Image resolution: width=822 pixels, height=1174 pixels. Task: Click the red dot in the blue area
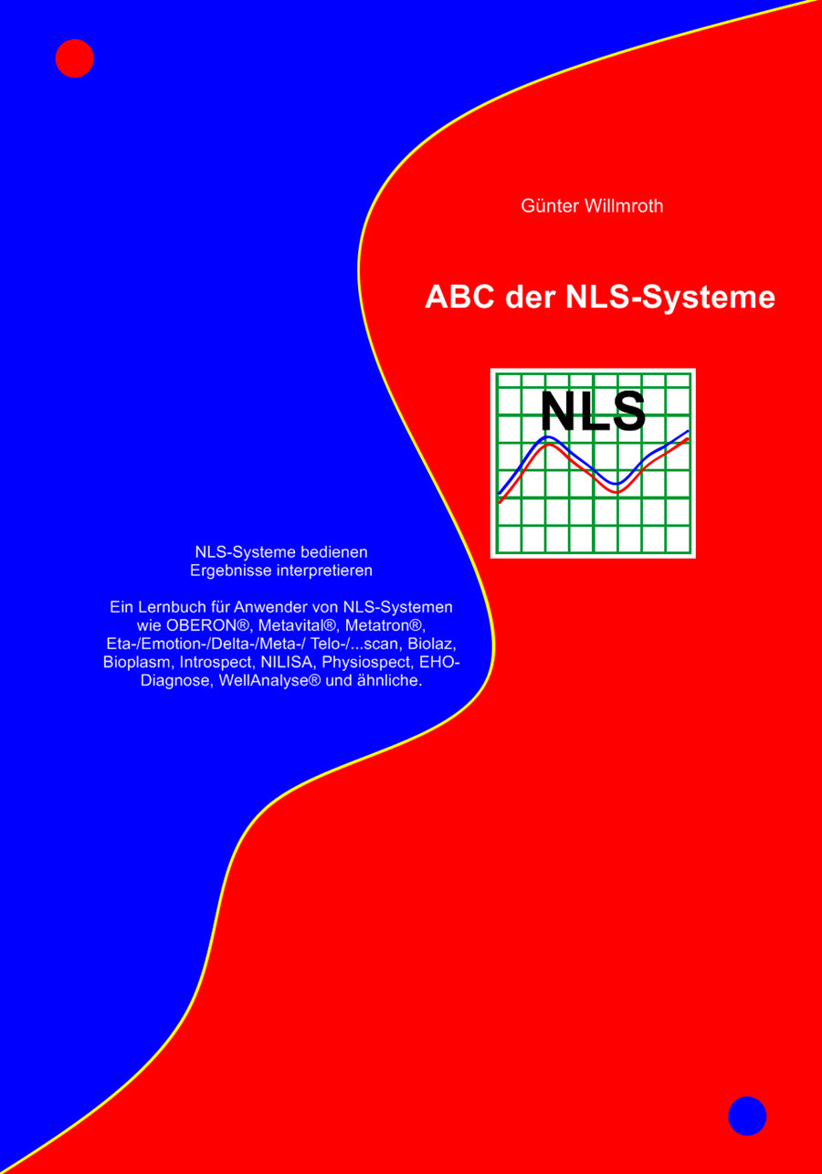coord(75,58)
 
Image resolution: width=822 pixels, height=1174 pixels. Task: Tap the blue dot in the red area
coord(747,1116)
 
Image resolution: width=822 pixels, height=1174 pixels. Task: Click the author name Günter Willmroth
coord(592,206)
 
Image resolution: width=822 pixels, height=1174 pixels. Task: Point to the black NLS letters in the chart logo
coord(593,412)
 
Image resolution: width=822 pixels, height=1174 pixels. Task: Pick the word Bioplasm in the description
coord(137,662)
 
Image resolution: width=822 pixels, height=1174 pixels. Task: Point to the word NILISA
coord(285,662)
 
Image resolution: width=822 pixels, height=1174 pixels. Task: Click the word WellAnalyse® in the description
coord(270,681)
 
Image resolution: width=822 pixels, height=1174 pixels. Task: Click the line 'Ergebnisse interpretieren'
coord(281,571)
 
